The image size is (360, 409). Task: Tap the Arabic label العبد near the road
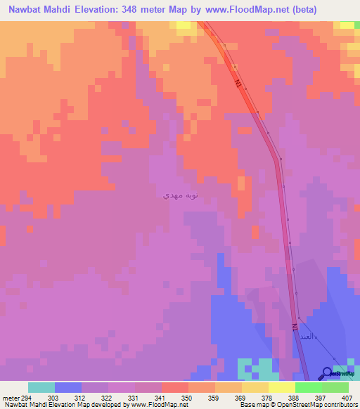coord(304,337)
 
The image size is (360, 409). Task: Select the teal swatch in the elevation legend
coord(41,387)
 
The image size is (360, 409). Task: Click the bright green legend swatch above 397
coord(309,387)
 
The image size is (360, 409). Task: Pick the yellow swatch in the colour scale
coord(255,387)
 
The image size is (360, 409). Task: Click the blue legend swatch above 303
coord(68,387)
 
